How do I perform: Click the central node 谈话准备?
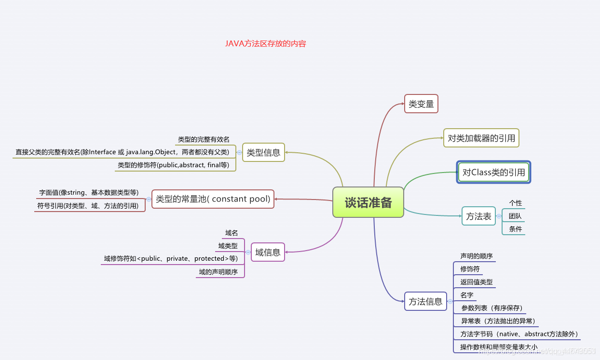point(368,202)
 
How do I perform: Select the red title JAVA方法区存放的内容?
point(265,43)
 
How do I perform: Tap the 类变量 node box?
point(421,104)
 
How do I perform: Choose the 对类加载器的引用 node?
point(481,138)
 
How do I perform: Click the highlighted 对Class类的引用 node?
point(493,172)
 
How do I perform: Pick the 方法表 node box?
point(478,216)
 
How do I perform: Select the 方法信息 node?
point(425,302)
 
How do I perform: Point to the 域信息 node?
point(268,252)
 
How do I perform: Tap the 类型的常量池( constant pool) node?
point(213,199)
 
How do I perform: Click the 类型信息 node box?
point(263,153)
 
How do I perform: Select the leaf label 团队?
point(515,216)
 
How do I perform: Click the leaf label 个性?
point(515,203)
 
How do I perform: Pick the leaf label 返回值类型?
point(477,282)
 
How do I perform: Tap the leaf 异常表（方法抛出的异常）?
point(498,321)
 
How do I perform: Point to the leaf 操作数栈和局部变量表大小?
point(499,347)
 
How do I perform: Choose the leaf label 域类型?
point(228,246)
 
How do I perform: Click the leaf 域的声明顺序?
point(218,272)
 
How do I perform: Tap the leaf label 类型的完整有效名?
point(204,139)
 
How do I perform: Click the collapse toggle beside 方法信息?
point(450,302)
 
